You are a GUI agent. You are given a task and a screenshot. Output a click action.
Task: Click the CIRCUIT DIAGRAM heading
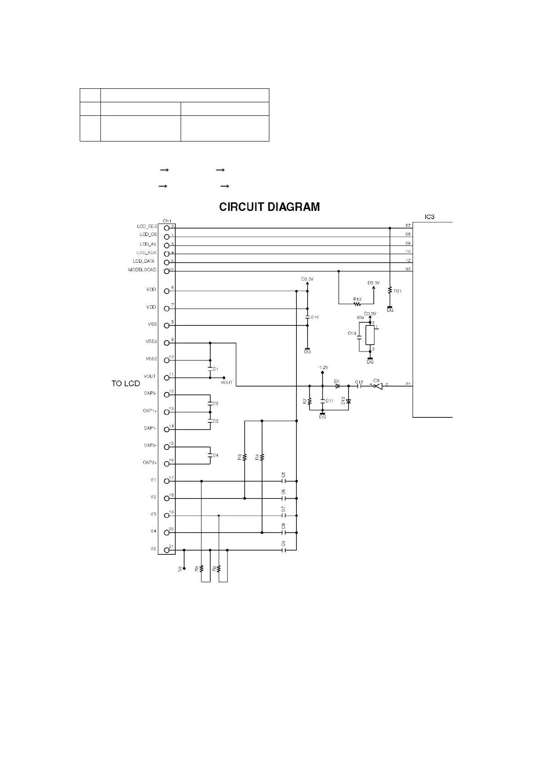click(269, 207)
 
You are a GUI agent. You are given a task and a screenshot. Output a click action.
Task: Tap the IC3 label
click(429, 217)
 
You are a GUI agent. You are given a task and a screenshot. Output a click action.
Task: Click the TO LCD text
click(126, 384)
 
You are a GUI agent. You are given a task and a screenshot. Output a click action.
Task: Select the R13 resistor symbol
click(358, 304)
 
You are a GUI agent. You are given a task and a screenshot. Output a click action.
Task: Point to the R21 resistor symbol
click(390, 291)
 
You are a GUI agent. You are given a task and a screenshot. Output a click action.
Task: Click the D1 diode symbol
click(337, 386)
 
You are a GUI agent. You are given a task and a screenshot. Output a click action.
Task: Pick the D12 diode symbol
click(348, 401)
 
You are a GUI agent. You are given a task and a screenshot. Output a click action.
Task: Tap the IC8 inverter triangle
click(378, 386)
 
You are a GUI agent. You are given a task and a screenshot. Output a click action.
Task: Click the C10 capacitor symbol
click(308, 317)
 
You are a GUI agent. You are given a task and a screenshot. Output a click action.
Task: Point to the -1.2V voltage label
click(323, 368)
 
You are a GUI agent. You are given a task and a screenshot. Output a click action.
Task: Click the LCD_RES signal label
click(147, 226)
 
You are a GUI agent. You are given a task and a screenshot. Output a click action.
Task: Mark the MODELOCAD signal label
click(142, 270)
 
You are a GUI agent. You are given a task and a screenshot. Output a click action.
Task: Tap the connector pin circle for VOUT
click(167, 378)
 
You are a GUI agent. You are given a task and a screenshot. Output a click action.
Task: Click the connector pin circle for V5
click(167, 550)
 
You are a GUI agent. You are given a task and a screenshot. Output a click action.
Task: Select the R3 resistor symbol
click(245, 457)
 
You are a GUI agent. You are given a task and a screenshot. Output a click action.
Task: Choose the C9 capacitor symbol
click(284, 550)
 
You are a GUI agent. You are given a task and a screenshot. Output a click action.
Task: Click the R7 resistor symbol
click(309, 401)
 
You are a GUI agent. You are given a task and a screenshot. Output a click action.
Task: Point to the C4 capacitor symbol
click(210, 455)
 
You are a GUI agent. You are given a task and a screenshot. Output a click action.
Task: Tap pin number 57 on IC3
click(408, 226)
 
